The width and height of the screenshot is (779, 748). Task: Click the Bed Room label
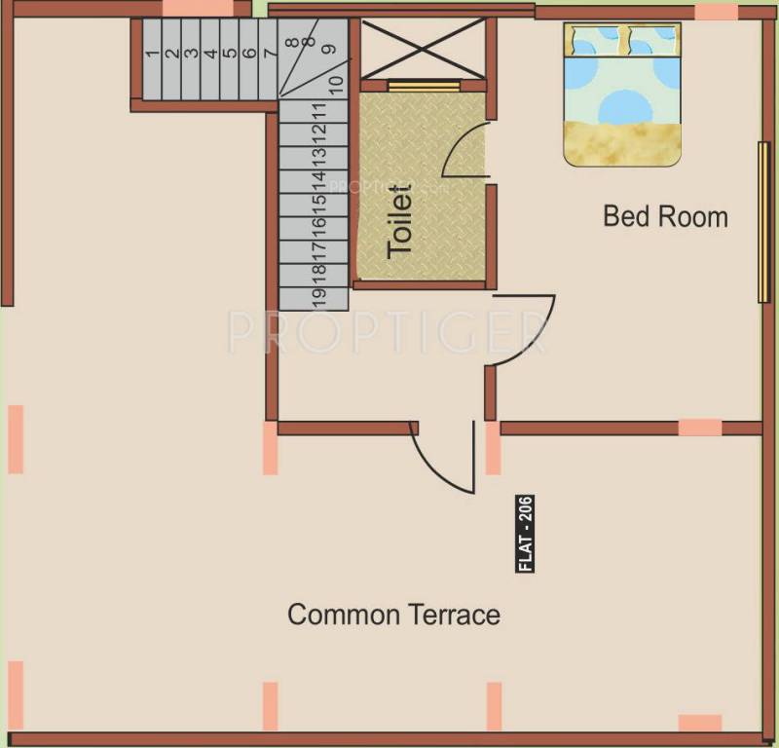tap(665, 215)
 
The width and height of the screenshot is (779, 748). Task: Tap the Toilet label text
tap(400, 223)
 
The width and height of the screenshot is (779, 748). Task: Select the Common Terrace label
tap(393, 615)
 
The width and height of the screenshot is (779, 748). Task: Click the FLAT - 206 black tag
tap(526, 535)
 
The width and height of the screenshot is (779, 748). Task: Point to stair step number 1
tap(152, 55)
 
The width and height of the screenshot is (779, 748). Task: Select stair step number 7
tap(269, 55)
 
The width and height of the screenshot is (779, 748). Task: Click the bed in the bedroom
tap(622, 93)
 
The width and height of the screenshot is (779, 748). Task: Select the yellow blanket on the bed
tap(622, 143)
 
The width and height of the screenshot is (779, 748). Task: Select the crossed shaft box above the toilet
tap(423, 48)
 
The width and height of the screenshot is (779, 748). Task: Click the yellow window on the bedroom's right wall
tap(760, 222)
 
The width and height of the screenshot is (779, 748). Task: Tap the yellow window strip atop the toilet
tap(424, 86)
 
